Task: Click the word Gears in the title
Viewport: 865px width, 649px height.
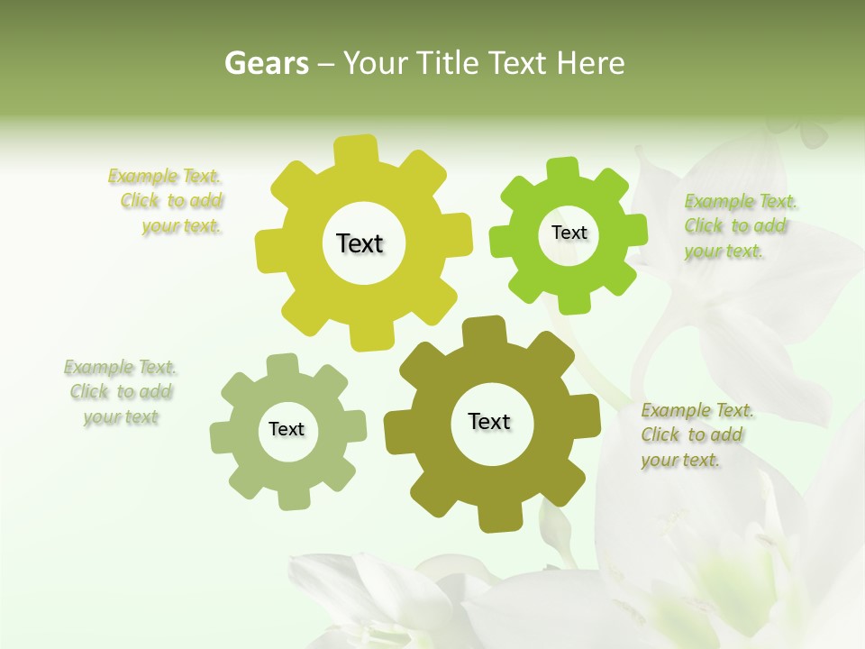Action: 266,63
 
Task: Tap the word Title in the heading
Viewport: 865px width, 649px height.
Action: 447,63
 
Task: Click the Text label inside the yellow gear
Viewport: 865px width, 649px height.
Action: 360,243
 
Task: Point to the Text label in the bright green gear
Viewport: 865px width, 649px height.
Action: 569,233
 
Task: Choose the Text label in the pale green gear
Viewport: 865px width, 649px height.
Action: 287,429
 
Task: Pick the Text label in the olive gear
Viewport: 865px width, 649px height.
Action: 489,421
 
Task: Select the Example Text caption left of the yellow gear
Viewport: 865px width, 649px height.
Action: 170,201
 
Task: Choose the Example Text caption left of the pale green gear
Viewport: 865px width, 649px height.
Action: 121,392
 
